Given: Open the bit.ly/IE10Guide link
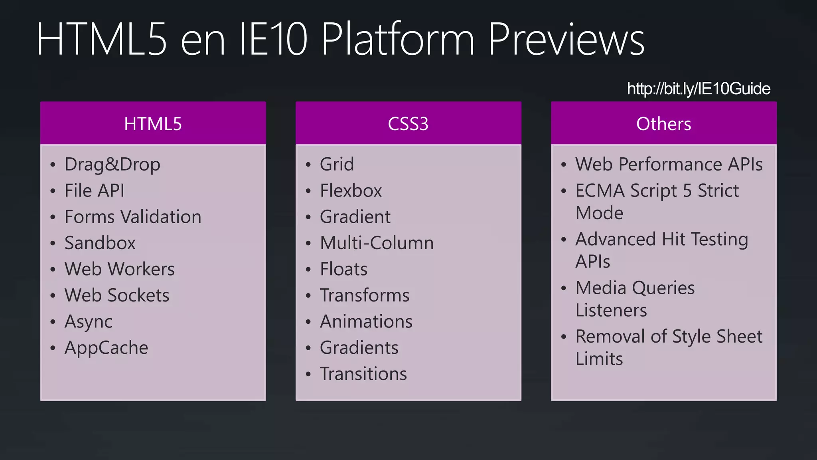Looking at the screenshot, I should click(x=699, y=89).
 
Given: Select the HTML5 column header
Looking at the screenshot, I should click(x=153, y=124).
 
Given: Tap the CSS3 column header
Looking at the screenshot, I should click(x=408, y=124).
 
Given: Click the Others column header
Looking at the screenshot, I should click(x=663, y=124).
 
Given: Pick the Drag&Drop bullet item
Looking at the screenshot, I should click(x=112, y=165).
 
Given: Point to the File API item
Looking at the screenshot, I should click(x=95, y=190).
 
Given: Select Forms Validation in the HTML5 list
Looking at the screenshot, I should click(x=133, y=217).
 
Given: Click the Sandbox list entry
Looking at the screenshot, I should click(x=100, y=243).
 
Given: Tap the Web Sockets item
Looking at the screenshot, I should click(x=117, y=295).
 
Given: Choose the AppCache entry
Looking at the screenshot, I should click(x=107, y=348).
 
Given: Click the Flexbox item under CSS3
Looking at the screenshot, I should click(x=351, y=190).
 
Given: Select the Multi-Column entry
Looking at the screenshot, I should click(x=377, y=243).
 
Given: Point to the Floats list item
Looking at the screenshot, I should click(x=344, y=269).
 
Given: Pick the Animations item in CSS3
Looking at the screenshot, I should click(x=366, y=322).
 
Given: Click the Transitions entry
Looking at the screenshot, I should click(x=363, y=374).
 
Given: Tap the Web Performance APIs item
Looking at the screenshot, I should click(x=669, y=165).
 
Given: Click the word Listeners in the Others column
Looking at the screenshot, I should click(x=611, y=310).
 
